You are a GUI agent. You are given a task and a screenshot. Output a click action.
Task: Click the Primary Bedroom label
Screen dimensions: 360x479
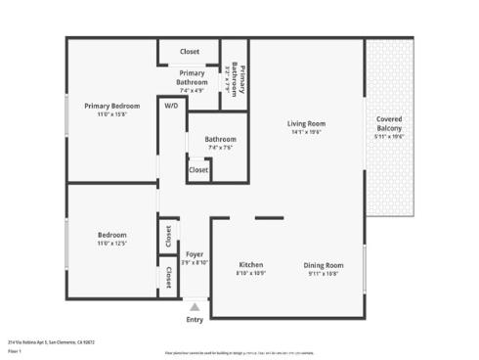click(x=111, y=106)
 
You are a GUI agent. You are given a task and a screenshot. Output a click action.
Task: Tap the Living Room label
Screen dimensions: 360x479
click(x=306, y=123)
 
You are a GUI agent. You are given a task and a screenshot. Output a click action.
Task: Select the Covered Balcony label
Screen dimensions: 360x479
click(x=389, y=123)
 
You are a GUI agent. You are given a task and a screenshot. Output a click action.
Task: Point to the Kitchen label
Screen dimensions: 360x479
click(x=251, y=265)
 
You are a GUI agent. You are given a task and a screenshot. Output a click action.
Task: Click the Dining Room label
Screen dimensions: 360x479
click(x=323, y=265)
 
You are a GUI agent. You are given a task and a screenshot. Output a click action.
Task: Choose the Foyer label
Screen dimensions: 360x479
click(x=196, y=253)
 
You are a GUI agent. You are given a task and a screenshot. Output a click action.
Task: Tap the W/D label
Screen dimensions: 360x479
click(x=171, y=106)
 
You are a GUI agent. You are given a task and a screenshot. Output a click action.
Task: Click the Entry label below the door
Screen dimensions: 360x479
click(x=196, y=320)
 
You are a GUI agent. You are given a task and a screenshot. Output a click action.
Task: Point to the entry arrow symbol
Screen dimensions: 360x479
click(x=196, y=306)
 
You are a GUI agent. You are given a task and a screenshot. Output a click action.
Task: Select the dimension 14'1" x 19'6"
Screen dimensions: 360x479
click(x=306, y=133)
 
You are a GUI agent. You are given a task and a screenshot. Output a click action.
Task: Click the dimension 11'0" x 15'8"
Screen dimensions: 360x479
click(x=111, y=114)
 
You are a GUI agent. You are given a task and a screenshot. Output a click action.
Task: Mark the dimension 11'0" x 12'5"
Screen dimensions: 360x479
click(x=111, y=244)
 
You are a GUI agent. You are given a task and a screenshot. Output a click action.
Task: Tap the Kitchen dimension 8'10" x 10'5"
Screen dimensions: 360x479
click(x=251, y=274)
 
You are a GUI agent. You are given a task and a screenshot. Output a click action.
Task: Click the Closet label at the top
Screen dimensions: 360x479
click(x=190, y=52)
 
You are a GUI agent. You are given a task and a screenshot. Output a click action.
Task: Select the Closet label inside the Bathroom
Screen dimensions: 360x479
click(x=198, y=169)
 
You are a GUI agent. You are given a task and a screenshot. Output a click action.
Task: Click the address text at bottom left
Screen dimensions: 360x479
click(x=51, y=342)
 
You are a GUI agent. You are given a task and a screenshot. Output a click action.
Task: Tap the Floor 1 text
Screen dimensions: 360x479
click(x=15, y=350)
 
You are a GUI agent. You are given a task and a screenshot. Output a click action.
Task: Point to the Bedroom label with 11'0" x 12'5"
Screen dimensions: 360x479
click(x=111, y=235)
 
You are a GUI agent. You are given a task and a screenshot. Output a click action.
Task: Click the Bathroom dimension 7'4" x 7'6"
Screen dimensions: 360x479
click(x=220, y=148)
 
